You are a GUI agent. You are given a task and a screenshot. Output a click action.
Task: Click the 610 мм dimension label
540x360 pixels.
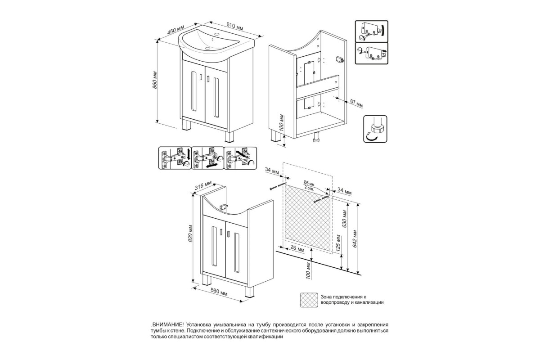[x=234, y=26]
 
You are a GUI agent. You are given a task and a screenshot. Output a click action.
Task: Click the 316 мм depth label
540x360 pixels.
[x=203, y=186]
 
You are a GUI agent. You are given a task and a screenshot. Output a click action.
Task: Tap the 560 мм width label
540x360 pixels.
[x=219, y=291]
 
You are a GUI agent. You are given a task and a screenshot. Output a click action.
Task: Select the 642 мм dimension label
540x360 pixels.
[x=355, y=238]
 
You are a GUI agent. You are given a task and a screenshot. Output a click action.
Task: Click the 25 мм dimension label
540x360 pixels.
[x=297, y=250]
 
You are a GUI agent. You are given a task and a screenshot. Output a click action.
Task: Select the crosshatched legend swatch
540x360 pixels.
[x=309, y=300]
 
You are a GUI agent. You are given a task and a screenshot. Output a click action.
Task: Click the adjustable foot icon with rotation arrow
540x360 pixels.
[x=375, y=129]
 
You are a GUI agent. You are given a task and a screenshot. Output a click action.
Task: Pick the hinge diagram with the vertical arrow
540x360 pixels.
[x=175, y=158]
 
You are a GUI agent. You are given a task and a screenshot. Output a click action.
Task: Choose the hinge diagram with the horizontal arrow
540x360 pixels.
[x=207, y=158]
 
